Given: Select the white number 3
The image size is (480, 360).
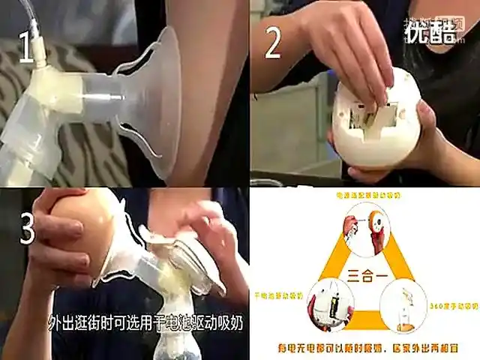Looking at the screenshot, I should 27,229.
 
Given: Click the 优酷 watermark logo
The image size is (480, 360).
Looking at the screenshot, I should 430,32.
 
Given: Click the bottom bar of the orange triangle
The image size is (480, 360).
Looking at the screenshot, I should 367,327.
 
